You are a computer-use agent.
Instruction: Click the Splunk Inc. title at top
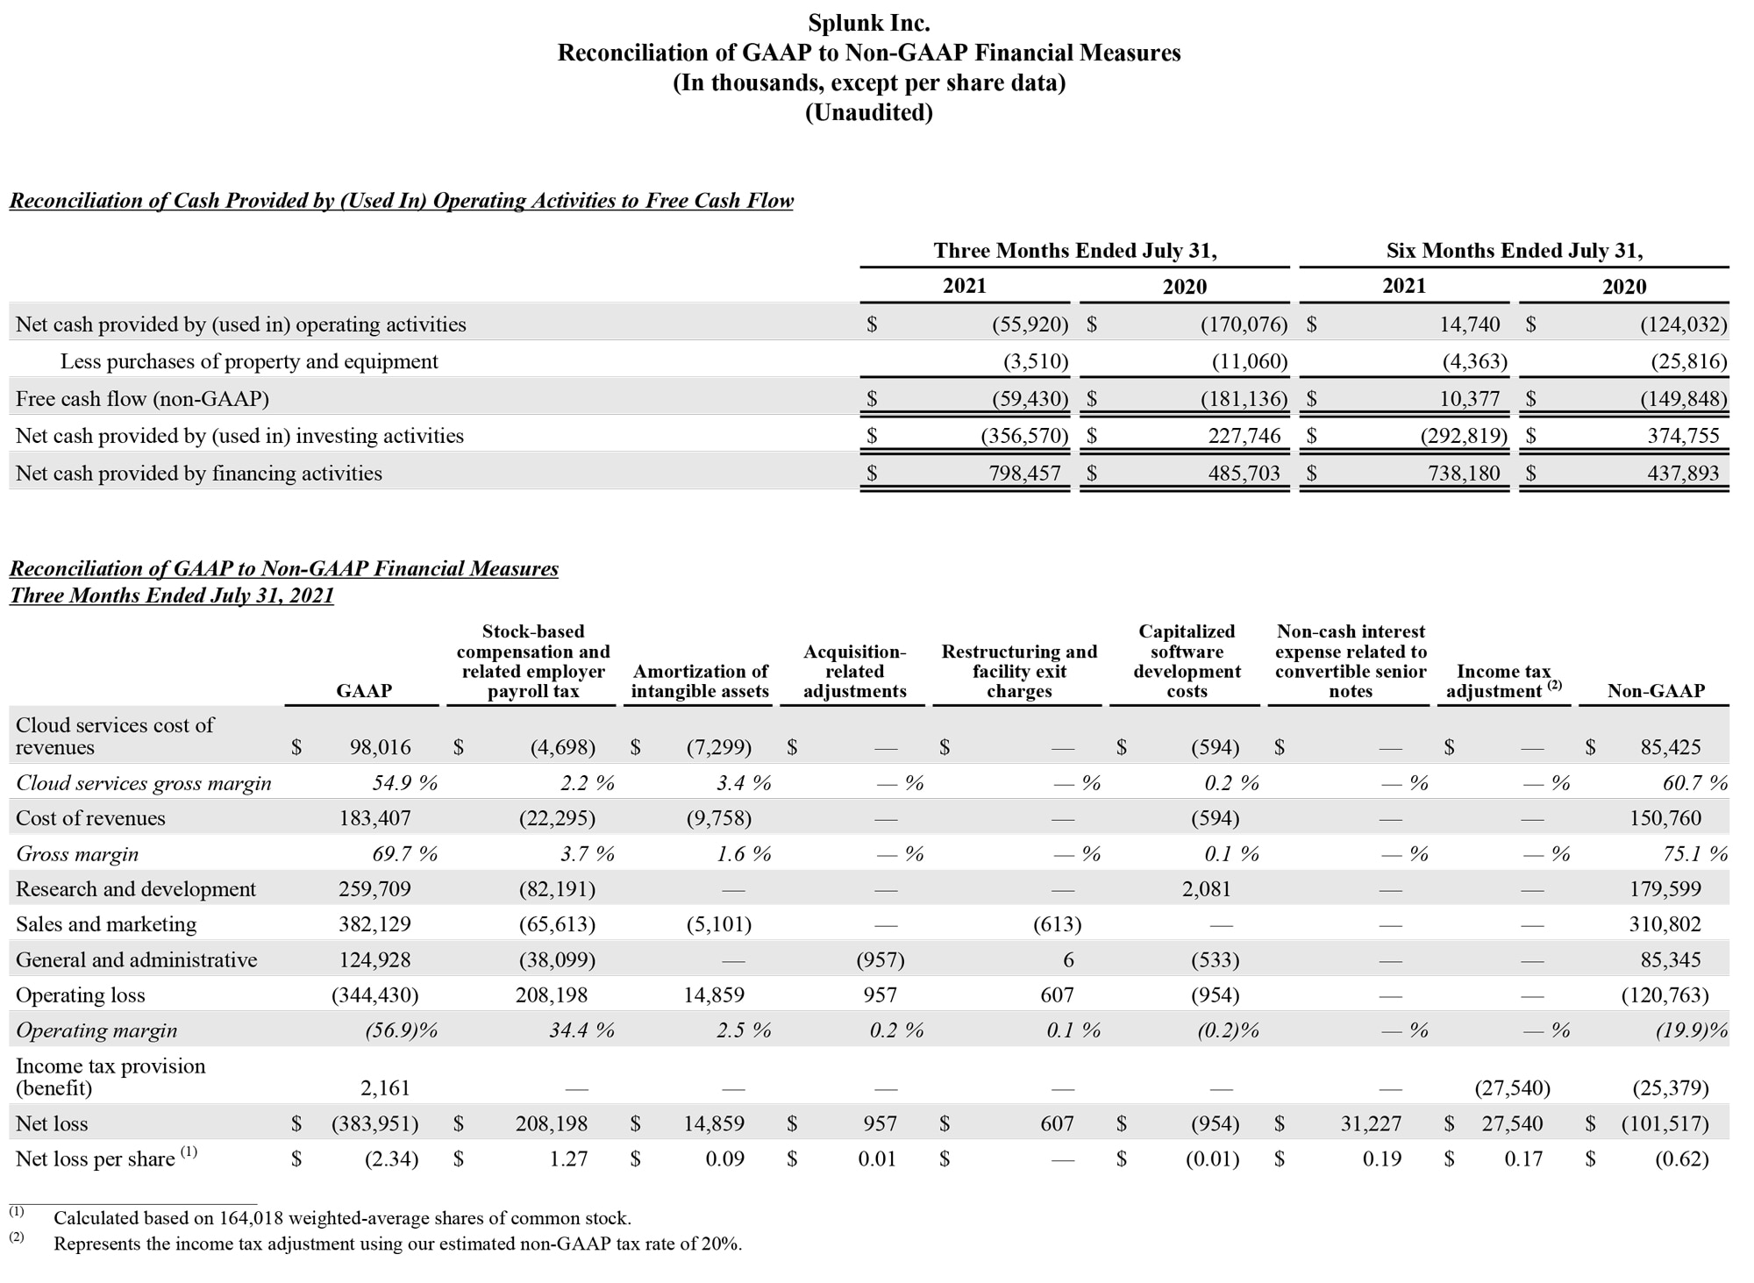(x=868, y=23)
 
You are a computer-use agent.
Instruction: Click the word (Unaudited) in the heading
(x=868, y=112)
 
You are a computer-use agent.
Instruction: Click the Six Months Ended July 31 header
(x=1514, y=251)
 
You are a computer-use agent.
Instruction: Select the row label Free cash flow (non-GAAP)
(x=142, y=399)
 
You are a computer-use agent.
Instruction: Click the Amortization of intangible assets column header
(x=700, y=681)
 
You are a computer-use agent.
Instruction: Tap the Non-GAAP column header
(x=1655, y=691)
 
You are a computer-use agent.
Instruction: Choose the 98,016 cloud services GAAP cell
(x=380, y=747)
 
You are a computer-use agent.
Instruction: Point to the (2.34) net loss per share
(x=391, y=1159)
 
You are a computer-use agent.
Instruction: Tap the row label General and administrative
(x=136, y=960)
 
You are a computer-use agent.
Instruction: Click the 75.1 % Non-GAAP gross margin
(x=1695, y=854)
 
